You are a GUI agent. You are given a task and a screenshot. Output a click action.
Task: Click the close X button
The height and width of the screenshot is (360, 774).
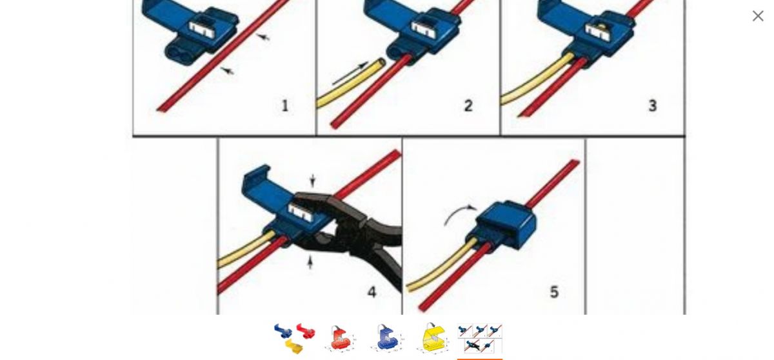pyautogui.click(x=758, y=16)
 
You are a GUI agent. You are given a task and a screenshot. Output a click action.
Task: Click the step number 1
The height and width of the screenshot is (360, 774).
pyautogui.click(x=285, y=105)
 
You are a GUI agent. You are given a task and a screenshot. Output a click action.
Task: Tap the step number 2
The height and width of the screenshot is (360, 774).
pyautogui.click(x=468, y=105)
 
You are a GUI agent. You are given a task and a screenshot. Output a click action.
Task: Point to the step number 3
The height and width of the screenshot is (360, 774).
pyautogui.click(x=652, y=105)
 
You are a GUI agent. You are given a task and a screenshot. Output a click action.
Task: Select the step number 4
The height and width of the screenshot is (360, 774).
pyautogui.click(x=372, y=292)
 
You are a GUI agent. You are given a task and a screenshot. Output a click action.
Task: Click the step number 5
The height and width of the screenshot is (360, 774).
pyautogui.click(x=554, y=292)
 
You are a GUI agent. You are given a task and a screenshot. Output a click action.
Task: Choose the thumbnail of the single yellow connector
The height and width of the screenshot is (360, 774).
pyautogui.click(x=433, y=339)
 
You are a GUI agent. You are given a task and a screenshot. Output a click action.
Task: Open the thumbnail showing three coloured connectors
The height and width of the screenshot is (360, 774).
pyautogui.click(x=295, y=339)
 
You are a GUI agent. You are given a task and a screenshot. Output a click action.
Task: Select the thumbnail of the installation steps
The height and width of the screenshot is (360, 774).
pyautogui.click(x=480, y=339)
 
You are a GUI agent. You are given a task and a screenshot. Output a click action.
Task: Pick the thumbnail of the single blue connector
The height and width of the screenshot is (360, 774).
pyautogui.click(x=387, y=339)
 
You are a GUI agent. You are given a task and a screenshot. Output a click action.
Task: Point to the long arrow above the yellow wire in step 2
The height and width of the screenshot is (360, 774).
pyautogui.click(x=350, y=74)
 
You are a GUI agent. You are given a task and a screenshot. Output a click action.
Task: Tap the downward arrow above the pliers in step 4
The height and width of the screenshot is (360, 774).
pyautogui.click(x=313, y=181)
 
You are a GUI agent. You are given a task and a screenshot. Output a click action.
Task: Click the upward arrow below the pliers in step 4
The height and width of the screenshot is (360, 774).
pyautogui.click(x=310, y=262)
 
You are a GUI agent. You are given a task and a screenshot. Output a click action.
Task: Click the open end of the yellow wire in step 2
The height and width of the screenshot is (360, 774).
pyautogui.click(x=381, y=62)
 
